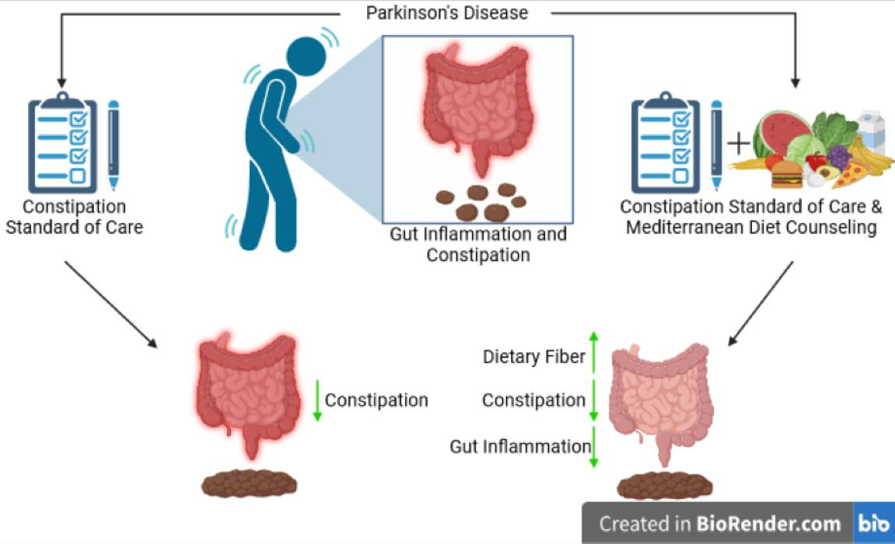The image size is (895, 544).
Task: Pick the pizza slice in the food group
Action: [x=851, y=174]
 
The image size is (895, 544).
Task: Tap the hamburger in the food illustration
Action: [x=786, y=176]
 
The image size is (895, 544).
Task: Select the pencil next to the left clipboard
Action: [x=114, y=145]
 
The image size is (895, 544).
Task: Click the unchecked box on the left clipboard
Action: [x=78, y=176]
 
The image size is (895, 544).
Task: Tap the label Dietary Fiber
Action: [x=533, y=357]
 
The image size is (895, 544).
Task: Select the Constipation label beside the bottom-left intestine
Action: [x=376, y=400]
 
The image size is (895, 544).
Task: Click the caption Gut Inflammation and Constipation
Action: [x=477, y=244]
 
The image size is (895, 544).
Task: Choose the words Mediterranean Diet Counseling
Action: [x=751, y=228]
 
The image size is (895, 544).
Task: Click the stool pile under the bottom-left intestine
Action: [x=249, y=484]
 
